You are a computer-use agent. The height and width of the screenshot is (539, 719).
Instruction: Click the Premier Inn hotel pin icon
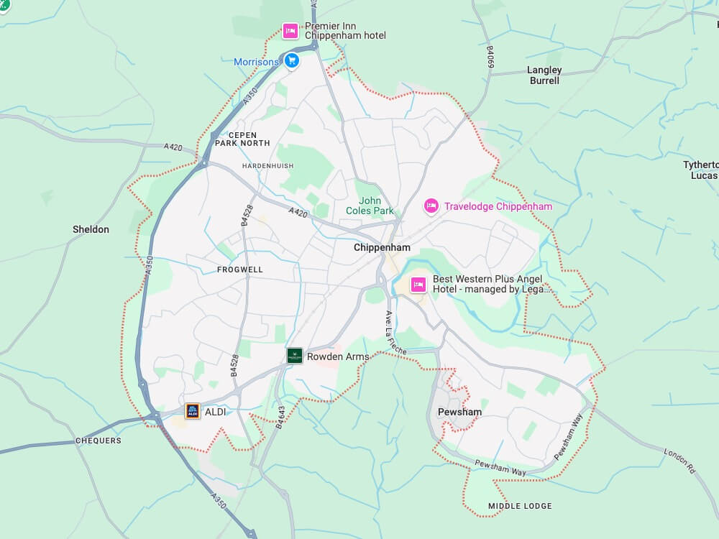[x=290, y=30]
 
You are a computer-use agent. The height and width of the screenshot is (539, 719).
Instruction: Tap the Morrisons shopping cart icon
[x=291, y=61]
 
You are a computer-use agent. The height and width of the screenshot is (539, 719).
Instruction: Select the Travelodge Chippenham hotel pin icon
[x=431, y=206]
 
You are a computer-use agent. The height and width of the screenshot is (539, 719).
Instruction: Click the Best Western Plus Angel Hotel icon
[x=418, y=284]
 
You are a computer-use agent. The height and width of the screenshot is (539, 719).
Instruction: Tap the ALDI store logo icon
[x=193, y=411]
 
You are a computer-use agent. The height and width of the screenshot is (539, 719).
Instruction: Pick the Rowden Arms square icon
[x=294, y=355]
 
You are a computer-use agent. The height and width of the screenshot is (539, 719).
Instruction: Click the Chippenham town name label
[x=382, y=247]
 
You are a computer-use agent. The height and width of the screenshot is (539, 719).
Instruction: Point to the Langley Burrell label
[x=544, y=75]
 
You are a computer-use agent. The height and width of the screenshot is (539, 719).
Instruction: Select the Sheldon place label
[x=91, y=229]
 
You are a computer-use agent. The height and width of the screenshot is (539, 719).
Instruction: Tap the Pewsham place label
[x=459, y=412]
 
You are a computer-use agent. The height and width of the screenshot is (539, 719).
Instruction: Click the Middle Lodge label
[x=520, y=506]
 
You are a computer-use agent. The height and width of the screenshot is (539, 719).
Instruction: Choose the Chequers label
[x=99, y=441]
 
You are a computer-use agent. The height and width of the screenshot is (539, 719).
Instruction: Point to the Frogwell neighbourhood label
[x=240, y=269]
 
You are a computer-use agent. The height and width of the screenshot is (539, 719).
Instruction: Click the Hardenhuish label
[x=268, y=166]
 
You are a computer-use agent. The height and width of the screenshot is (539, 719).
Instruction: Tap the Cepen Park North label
[x=242, y=139]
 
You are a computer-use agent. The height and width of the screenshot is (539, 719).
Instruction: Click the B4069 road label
[x=490, y=57]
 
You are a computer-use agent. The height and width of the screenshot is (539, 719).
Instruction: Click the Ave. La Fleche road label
[x=395, y=331]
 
